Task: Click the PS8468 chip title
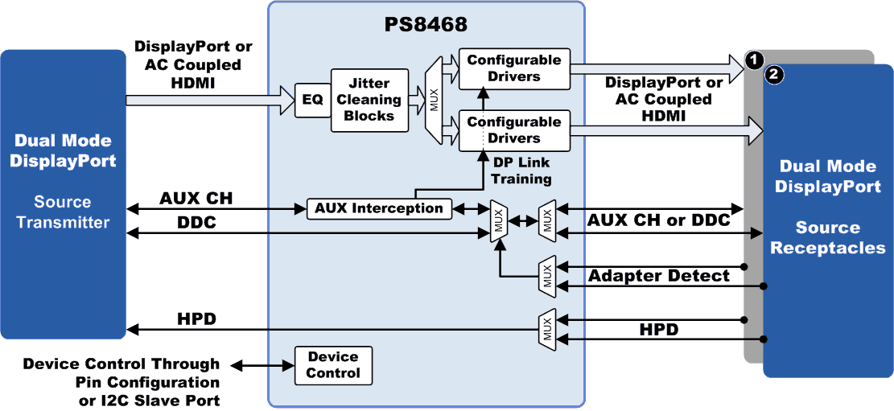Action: click(x=426, y=24)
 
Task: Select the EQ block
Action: click(x=313, y=100)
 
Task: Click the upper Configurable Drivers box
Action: click(x=513, y=68)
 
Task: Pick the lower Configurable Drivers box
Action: click(x=513, y=130)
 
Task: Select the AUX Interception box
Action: click(x=378, y=208)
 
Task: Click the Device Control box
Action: click(x=332, y=365)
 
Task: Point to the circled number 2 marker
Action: click(x=774, y=76)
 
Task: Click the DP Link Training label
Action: click(x=522, y=171)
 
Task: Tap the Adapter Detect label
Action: click(x=659, y=276)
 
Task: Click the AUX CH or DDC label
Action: click(x=659, y=220)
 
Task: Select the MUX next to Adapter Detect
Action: click(x=547, y=276)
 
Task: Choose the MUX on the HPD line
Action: click(x=547, y=329)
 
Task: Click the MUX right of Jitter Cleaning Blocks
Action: click(x=435, y=100)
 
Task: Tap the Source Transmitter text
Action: click(x=64, y=212)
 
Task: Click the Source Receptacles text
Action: click(x=827, y=238)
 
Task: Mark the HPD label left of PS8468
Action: click(x=196, y=319)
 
